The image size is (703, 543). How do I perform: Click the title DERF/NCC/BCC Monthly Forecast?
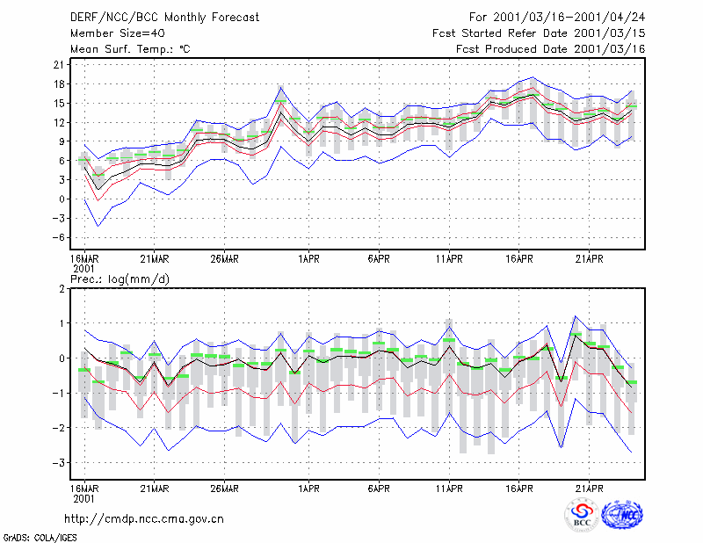pyautogui.click(x=164, y=18)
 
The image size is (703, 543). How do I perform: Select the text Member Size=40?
pyautogui.click(x=118, y=33)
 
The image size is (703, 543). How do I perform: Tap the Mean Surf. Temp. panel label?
pyautogui.click(x=130, y=49)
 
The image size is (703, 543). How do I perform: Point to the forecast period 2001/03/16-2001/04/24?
pyautogui.click(x=557, y=18)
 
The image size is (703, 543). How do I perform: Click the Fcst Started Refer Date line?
pyautogui.click(x=539, y=33)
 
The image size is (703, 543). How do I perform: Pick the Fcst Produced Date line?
pyautogui.click(x=550, y=49)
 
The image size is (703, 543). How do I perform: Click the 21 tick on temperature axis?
pyautogui.click(x=59, y=64)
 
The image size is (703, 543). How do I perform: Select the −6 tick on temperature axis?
pyautogui.click(x=57, y=237)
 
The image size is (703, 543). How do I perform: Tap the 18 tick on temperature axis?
pyautogui.click(x=59, y=83)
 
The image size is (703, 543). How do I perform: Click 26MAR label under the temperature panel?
pyautogui.click(x=224, y=259)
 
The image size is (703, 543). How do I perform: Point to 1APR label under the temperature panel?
pyautogui.click(x=308, y=259)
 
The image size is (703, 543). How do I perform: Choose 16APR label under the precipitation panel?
pyautogui.click(x=519, y=489)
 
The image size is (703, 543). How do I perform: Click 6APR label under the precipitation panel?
pyautogui.click(x=379, y=489)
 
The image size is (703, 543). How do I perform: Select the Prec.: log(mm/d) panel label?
pyautogui.click(x=120, y=279)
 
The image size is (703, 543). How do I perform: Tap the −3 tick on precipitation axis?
pyautogui.click(x=57, y=463)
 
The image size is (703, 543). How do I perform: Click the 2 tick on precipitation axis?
pyautogui.click(x=62, y=289)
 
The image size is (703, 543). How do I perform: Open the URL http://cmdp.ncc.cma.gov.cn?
pyautogui.click(x=144, y=519)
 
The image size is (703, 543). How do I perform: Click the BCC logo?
pyautogui.click(x=582, y=515)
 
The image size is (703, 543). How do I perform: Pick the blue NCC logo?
pyautogui.click(x=622, y=515)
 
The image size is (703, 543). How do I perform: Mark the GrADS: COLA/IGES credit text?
pyautogui.click(x=40, y=537)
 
